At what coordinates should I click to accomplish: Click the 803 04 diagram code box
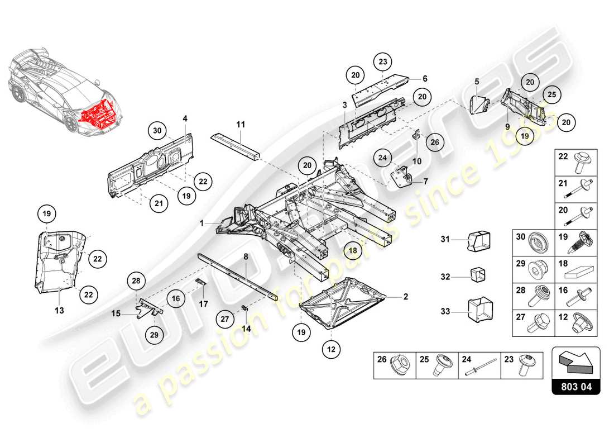click(576, 386)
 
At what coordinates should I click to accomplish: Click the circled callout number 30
click(158, 131)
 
